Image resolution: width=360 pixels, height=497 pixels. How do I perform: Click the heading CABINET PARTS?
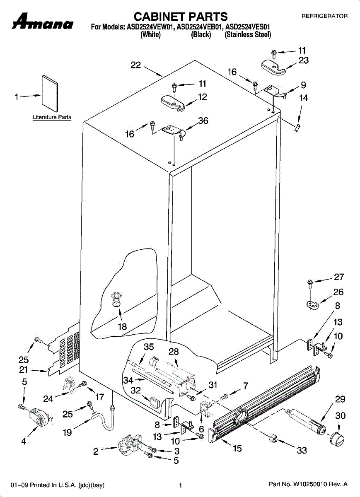[180, 17]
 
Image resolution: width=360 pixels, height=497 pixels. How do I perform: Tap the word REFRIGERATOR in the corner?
[324, 17]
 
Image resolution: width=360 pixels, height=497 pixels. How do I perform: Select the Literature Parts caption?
[52, 117]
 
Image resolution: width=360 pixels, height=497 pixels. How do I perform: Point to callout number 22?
[136, 65]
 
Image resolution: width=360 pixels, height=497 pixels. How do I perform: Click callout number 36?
[203, 121]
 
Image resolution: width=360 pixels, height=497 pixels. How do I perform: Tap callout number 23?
[303, 60]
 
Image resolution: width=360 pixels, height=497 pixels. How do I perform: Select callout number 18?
[122, 326]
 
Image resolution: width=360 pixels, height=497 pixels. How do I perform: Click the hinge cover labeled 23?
[273, 66]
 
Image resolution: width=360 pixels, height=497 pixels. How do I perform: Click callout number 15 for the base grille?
[237, 448]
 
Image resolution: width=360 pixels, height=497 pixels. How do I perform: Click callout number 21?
[23, 370]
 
